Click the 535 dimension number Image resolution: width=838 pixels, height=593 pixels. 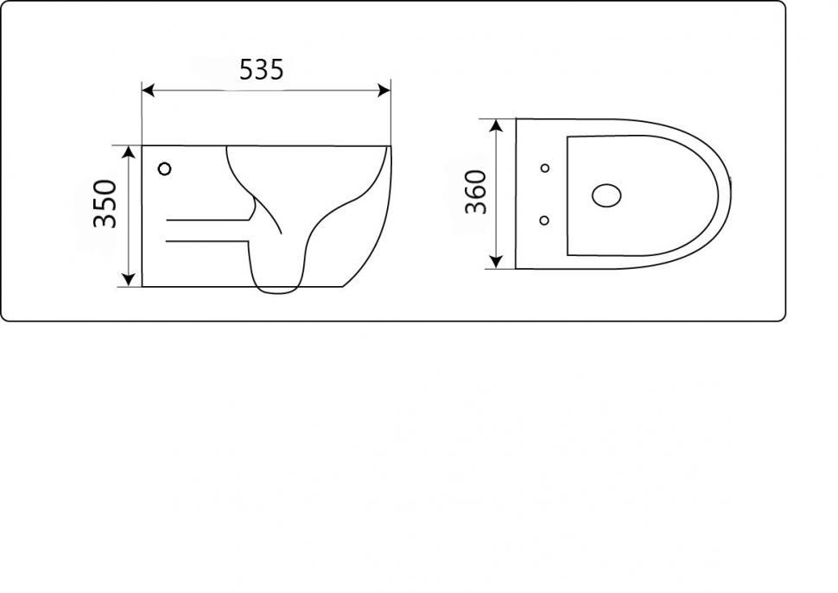pyautogui.click(x=262, y=70)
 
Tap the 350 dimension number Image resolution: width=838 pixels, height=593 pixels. pyautogui.click(x=105, y=204)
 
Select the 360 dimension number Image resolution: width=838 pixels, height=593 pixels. pyautogui.click(x=476, y=192)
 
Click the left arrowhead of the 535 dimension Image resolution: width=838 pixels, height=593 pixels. pyautogui.click(x=148, y=91)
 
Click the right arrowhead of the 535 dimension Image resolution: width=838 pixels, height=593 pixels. pyautogui.click(x=384, y=91)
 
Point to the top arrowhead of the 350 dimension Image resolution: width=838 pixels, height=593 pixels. pyautogui.click(x=128, y=152)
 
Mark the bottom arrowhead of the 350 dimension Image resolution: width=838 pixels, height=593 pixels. pyautogui.click(x=128, y=280)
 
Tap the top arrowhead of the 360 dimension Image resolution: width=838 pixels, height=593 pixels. pyautogui.click(x=497, y=125)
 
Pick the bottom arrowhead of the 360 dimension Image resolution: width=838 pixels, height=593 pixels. pyautogui.click(x=497, y=261)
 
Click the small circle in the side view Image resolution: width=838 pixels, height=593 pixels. pyautogui.click(x=165, y=169)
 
